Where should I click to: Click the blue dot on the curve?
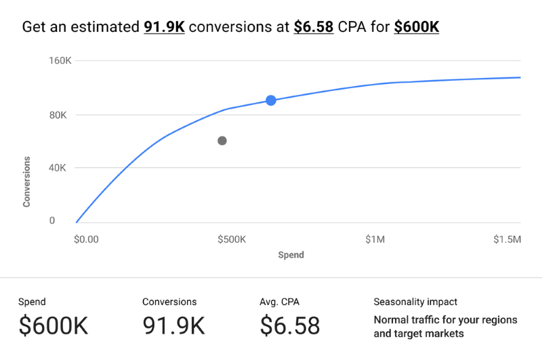pyautogui.click(x=271, y=100)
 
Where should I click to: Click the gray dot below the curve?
pyautogui.click(x=222, y=141)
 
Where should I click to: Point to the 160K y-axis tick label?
pyautogui.click(x=60, y=62)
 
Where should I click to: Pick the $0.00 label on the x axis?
pyautogui.click(x=86, y=239)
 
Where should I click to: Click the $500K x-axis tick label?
pyautogui.click(x=232, y=239)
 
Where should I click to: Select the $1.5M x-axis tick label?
pyautogui.click(x=507, y=239)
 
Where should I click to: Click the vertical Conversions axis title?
pyautogui.click(x=27, y=181)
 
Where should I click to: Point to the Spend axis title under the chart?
pyautogui.click(x=291, y=256)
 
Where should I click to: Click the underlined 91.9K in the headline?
pyautogui.click(x=164, y=28)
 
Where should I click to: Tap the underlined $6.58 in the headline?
pyautogui.click(x=314, y=28)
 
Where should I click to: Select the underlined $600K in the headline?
pyautogui.click(x=417, y=28)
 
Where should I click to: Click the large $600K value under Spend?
pyautogui.click(x=54, y=326)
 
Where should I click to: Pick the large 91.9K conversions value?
pyautogui.click(x=173, y=326)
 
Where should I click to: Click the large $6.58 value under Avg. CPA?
pyautogui.click(x=290, y=326)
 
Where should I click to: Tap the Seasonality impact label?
pyautogui.click(x=415, y=302)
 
